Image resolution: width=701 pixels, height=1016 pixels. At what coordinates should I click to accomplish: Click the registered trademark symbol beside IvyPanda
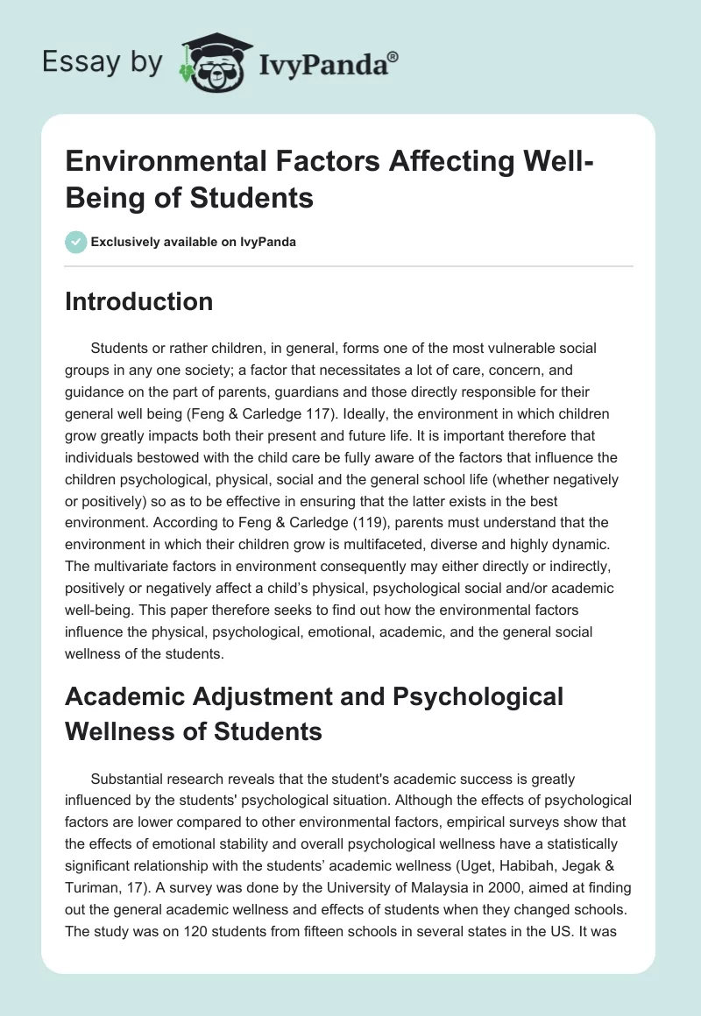pyautogui.click(x=393, y=57)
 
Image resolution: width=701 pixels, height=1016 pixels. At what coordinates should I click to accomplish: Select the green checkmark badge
pyautogui.click(x=76, y=242)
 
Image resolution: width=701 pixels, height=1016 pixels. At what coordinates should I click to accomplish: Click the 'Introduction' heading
pyautogui.click(x=139, y=301)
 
